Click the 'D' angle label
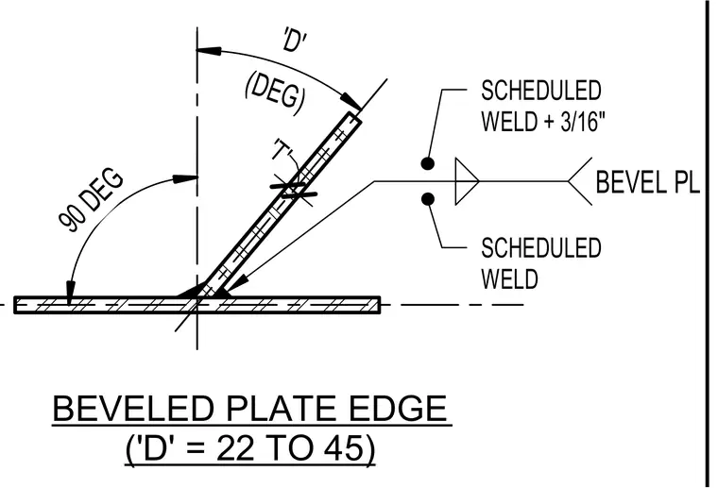pyautogui.click(x=294, y=40)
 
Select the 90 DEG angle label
pyautogui.click(x=91, y=200)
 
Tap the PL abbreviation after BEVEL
pyautogui.click(x=687, y=181)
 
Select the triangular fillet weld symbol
pyautogui.click(x=467, y=181)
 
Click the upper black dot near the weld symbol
pyautogui.click(x=428, y=163)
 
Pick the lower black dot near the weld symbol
pyautogui.click(x=428, y=199)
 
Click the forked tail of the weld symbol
pyautogui.click(x=580, y=181)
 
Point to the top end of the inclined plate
pyautogui.click(x=355, y=117)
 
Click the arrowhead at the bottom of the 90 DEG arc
pyautogui.click(x=70, y=291)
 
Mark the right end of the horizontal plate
pyautogui.click(x=380, y=305)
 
